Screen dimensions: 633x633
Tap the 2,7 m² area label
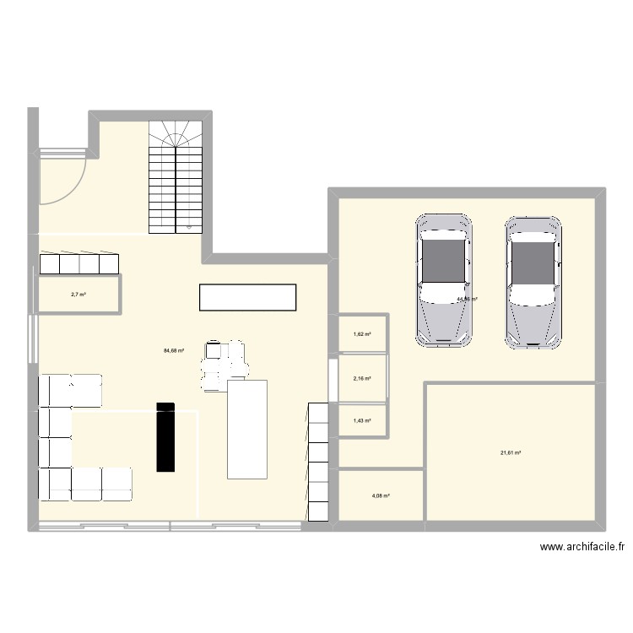pyautogui.click(x=78, y=295)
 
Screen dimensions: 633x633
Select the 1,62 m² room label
pyautogui.click(x=362, y=334)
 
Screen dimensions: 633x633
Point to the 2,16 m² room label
pyautogui.click(x=362, y=378)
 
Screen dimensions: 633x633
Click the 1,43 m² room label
pyautogui.click(x=362, y=420)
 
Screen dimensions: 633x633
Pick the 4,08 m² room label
pyautogui.click(x=379, y=495)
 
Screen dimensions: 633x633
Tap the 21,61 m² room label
pyautogui.click(x=511, y=453)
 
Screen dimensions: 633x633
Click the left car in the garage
pyautogui.click(x=443, y=280)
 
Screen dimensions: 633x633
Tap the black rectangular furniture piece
pyautogui.click(x=165, y=436)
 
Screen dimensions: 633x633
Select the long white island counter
pyautogui.click(x=247, y=297)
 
